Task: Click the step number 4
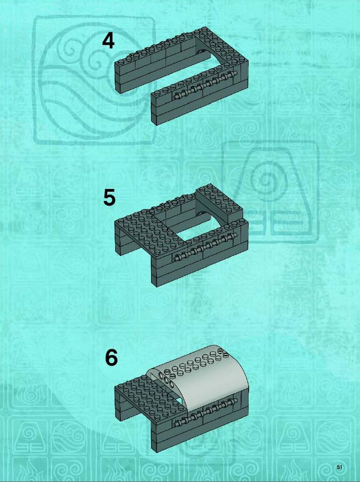click(108, 41)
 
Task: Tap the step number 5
click(109, 197)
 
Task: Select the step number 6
click(111, 357)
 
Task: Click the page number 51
click(340, 467)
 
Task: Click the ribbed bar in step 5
click(205, 247)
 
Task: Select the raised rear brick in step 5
click(219, 204)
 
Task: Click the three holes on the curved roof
click(165, 379)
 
